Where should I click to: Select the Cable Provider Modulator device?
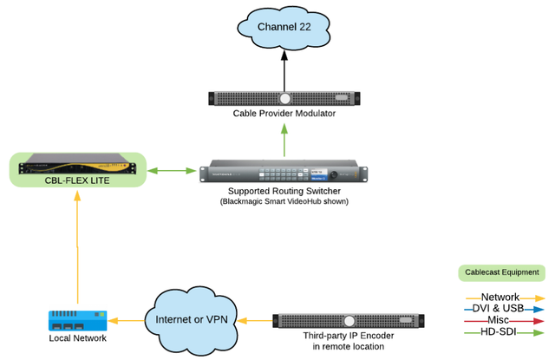[x=284, y=98]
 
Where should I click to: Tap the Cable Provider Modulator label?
[x=284, y=114]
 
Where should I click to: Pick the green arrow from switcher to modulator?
[x=284, y=141]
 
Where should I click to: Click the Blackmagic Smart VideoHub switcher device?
[x=284, y=170]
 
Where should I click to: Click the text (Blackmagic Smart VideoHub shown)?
[x=284, y=201]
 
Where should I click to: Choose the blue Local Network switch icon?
[x=77, y=320]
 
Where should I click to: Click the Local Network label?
[x=77, y=338]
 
